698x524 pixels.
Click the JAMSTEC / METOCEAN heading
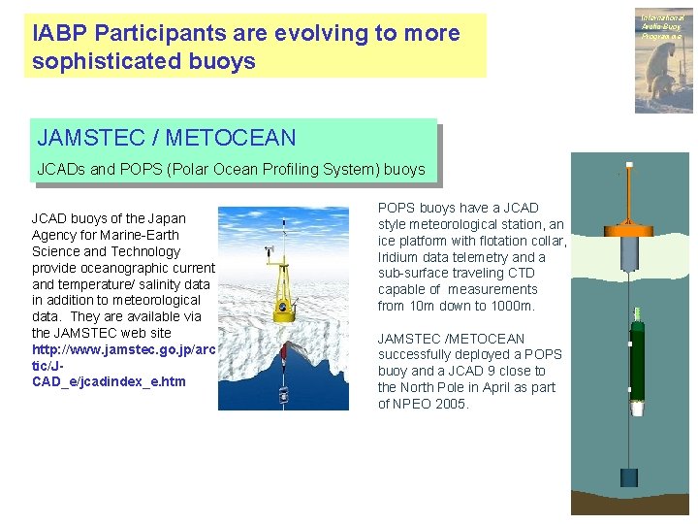pos(166,138)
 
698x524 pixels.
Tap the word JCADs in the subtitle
pos(60,169)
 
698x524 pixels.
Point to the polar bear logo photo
pos(664,58)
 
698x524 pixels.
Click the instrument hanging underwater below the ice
pos(283,394)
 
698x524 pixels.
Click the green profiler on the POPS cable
pos(637,358)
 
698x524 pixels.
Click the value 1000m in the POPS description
pos(515,306)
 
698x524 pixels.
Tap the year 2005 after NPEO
pos(451,404)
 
